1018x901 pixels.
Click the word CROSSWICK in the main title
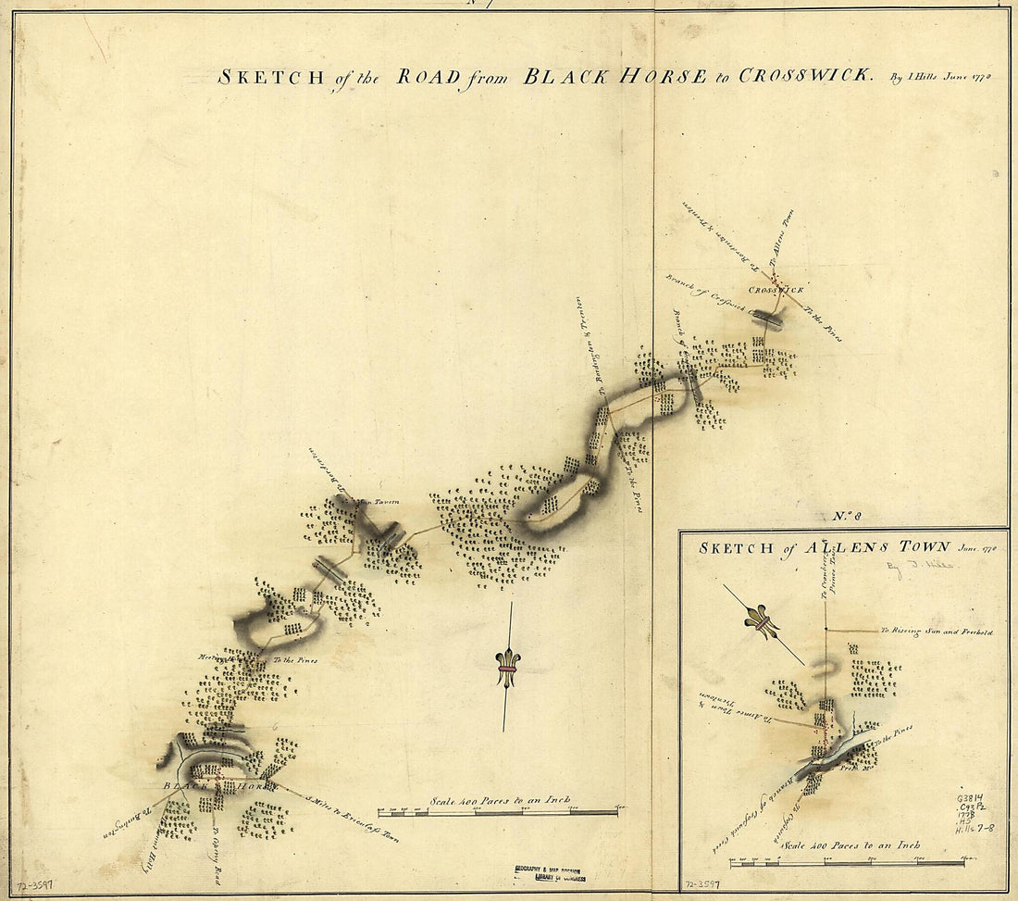coord(803,75)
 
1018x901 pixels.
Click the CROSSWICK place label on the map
coord(776,290)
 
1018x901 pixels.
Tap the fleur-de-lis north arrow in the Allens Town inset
coord(761,623)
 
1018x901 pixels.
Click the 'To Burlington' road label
coord(121,830)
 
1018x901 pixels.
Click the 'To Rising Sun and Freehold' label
coord(937,632)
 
